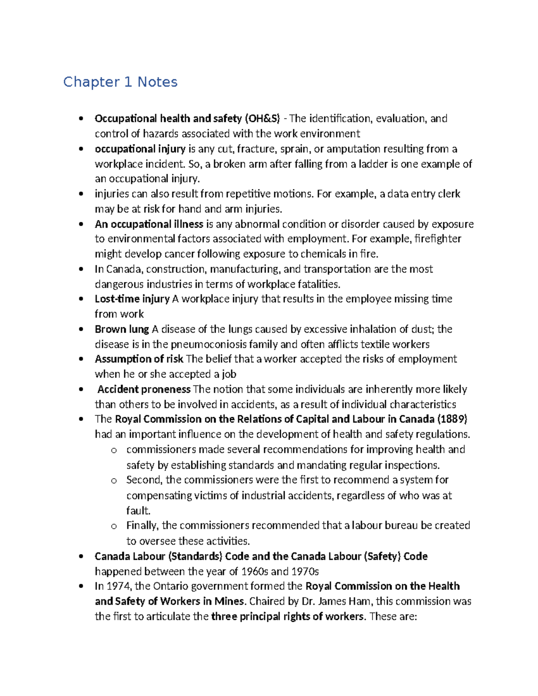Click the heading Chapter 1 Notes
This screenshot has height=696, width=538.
pyautogui.click(x=120, y=82)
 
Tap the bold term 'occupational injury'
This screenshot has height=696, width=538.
pyautogui.click(x=140, y=149)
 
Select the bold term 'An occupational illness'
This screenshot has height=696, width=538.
pyautogui.click(x=149, y=224)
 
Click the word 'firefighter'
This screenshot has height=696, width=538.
pyautogui.click(x=438, y=239)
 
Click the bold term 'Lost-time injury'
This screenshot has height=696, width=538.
pyautogui.click(x=132, y=299)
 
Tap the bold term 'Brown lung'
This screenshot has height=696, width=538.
pyautogui.click(x=121, y=329)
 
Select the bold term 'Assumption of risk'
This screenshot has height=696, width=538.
pyautogui.click(x=139, y=359)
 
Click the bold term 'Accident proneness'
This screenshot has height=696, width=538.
pyautogui.click(x=144, y=389)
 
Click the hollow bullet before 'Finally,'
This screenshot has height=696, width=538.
pyautogui.click(x=113, y=526)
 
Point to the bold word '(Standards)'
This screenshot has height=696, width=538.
pyautogui.click(x=195, y=556)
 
